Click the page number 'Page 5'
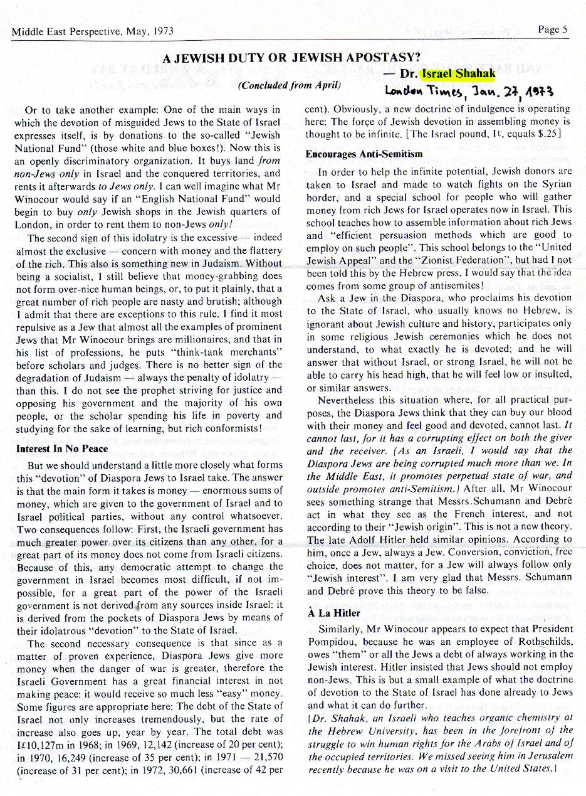(x=552, y=29)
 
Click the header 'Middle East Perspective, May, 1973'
(x=92, y=31)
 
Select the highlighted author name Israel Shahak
(x=459, y=74)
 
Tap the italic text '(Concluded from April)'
(x=289, y=85)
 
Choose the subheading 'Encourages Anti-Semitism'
(x=364, y=154)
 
